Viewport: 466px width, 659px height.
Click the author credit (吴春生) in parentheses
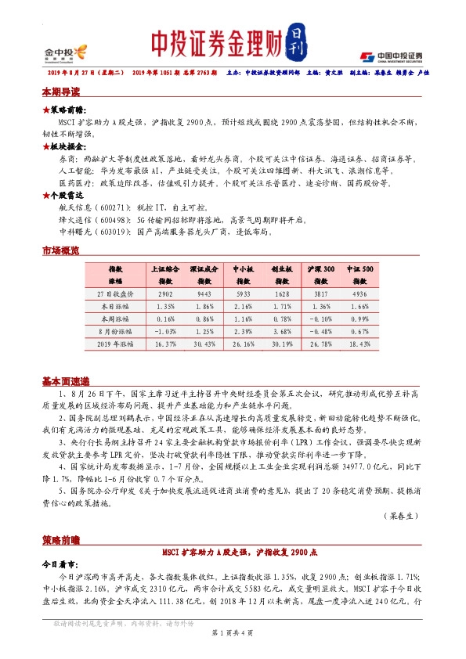pyautogui.click(x=400, y=516)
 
